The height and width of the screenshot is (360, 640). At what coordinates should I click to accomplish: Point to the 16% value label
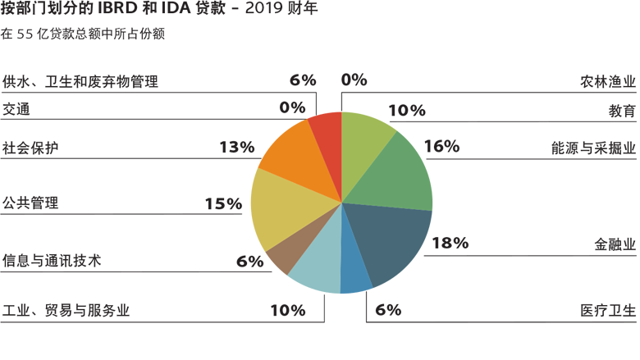(x=441, y=147)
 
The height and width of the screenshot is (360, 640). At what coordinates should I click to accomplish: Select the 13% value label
(x=237, y=147)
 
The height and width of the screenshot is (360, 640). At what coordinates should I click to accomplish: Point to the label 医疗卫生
(x=606, y=310)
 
